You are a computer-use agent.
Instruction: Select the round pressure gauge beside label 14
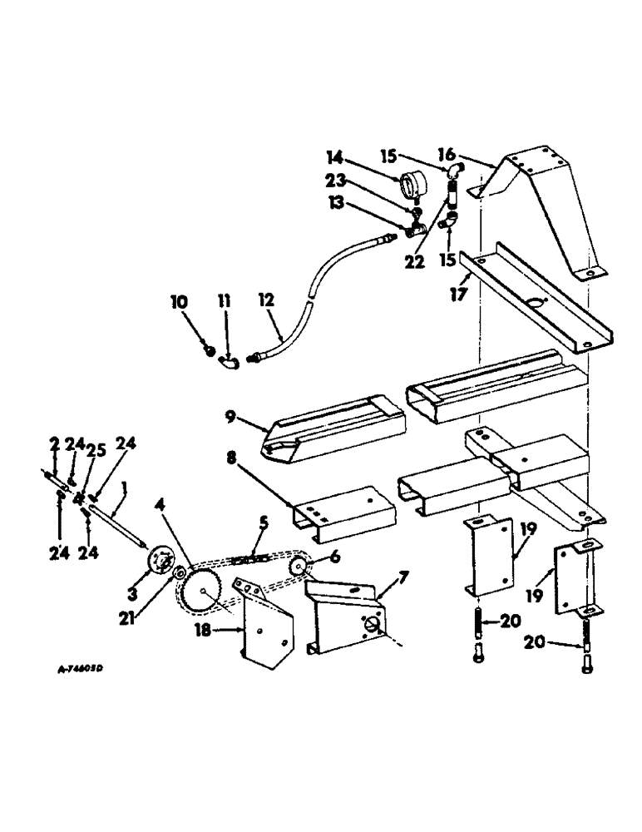(x=412, y=183)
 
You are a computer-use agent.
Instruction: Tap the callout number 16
(x=469, y=155)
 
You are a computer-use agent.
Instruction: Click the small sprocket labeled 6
(x=298, y=566)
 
